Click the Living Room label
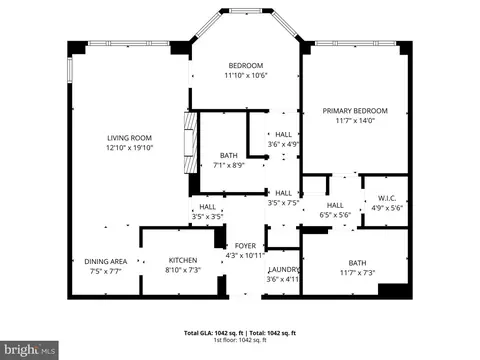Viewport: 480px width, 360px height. pos(129,138)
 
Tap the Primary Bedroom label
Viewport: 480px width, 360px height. pos(354,111)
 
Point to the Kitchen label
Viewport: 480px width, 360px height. pos(182,260)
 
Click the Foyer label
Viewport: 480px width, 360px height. pos(245,245)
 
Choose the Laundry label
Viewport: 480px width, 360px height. pos(284,270)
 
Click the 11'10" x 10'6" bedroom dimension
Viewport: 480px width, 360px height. pos(245,75)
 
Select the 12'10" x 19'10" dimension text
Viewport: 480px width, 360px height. pos(129,148)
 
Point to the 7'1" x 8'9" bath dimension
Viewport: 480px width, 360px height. pos(229,165)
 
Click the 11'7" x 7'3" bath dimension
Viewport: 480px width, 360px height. pos(357,271)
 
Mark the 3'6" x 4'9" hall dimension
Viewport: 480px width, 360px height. pos(284,144)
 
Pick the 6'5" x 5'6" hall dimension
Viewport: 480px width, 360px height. pos(334,215)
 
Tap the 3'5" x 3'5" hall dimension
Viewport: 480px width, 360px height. pos(207,216)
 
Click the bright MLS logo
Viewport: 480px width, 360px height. pos(29,350)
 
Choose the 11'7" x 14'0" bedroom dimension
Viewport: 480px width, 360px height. pos(354,122)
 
